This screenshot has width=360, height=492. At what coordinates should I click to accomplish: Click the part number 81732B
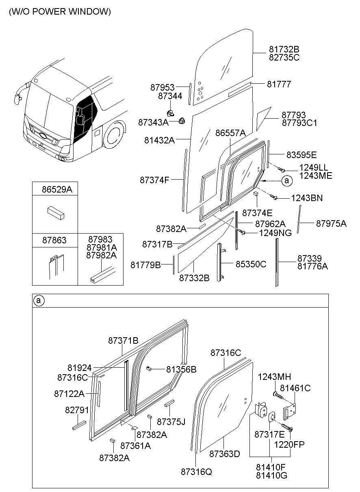point(284,49)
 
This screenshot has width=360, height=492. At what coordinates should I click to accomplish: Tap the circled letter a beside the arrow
point(287,180)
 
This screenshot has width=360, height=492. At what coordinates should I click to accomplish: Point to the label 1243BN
point(306,198)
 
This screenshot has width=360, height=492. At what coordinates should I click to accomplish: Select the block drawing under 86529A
point(55,212)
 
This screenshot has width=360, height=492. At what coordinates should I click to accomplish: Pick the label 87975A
point(331,223)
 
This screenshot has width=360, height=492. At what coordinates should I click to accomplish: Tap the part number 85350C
point(251,264)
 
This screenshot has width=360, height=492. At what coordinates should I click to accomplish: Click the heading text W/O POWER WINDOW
point(59,12)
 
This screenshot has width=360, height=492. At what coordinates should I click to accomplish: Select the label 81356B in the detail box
point(181,369)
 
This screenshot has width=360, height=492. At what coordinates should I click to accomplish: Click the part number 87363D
point(225,453)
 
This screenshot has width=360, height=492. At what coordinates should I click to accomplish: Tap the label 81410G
point(271,475)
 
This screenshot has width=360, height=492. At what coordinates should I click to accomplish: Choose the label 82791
point(77,410)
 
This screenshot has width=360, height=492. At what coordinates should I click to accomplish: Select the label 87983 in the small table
point(100,240)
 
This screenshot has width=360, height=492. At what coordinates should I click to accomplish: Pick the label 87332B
point(194,278)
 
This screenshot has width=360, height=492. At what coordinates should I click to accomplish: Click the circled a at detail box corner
point(38,301)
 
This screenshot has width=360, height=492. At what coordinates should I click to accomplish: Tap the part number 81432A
point(159,140)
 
